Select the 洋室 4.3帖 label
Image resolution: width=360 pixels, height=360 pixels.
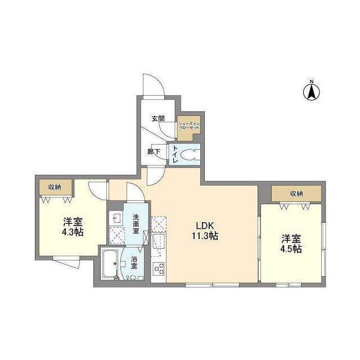tap(73, 226)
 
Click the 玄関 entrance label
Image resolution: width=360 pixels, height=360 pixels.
tap(157, 119)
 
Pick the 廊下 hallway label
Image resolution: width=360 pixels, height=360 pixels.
tap(154, 151)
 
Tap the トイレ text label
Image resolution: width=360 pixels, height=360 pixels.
tap(175, 154)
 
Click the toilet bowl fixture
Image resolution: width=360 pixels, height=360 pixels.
tap(192, 154)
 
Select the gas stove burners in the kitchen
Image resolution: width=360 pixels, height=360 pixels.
tap(159, 269)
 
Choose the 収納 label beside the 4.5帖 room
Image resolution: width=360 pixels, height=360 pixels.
tap(296, 193)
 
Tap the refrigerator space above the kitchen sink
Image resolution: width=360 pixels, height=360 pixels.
tap(159, 224)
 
